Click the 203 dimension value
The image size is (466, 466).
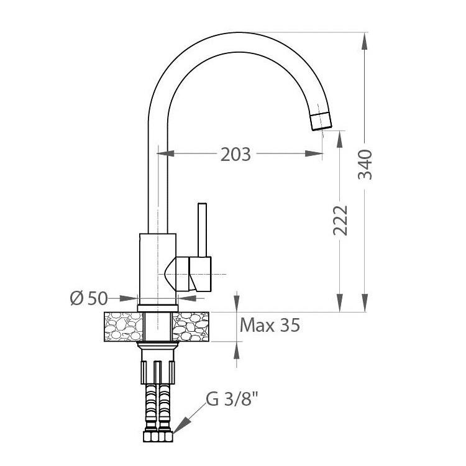pos(235,155)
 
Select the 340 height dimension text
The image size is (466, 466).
pos(365,165)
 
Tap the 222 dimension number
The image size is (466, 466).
pos(340,220)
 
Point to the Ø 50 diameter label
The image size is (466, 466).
pos(89,298)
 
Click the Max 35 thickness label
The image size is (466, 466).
pos(270,325)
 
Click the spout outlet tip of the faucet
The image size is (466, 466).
pos(321,121)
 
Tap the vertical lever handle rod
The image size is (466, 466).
pos(202,230)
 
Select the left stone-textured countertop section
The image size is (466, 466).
pos(124,327)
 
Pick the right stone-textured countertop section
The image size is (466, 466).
pos(191,327)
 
